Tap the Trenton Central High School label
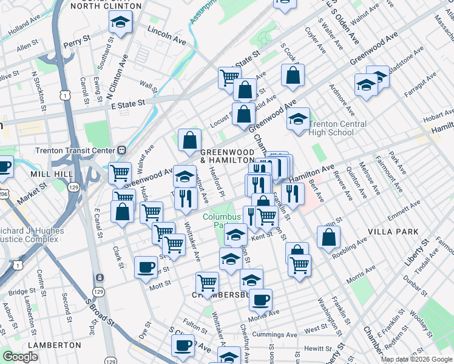[x=337, y=128]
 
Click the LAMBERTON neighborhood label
[x=54, y=345]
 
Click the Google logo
[x=20, y=357]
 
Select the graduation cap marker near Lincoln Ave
[x=120, y=23]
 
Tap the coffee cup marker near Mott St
[x=145, y=267]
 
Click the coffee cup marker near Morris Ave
[x=260, y=300]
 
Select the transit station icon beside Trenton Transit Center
[x=121, y=150]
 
